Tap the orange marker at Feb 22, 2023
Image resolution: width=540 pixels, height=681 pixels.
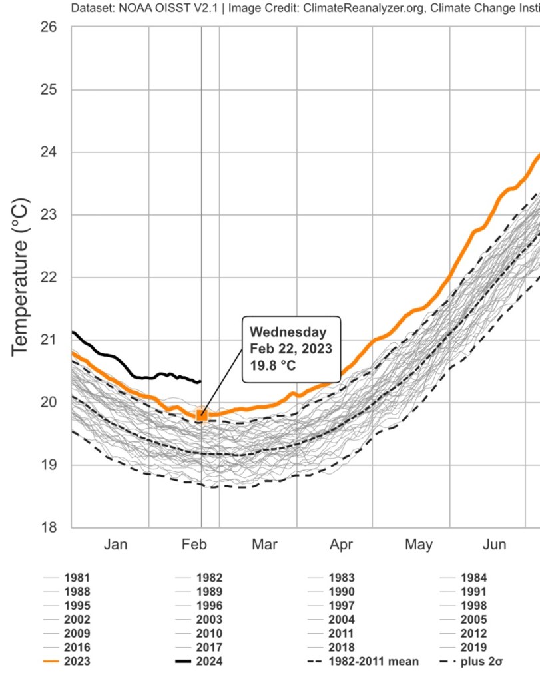(x=201, y=415)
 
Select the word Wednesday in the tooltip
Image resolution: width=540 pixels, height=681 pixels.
(x=288, y=332)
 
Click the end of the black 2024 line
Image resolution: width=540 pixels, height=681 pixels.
(x=199, y=381)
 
